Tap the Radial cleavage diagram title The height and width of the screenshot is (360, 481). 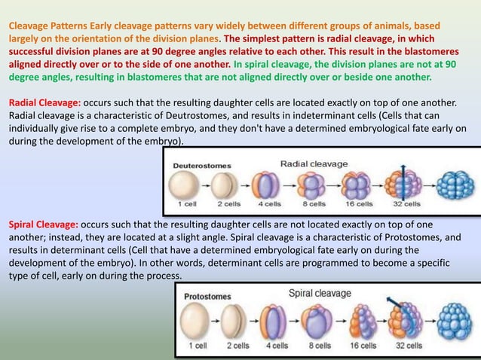coord(314,163)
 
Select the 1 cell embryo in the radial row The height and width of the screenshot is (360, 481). coord(186,185)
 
